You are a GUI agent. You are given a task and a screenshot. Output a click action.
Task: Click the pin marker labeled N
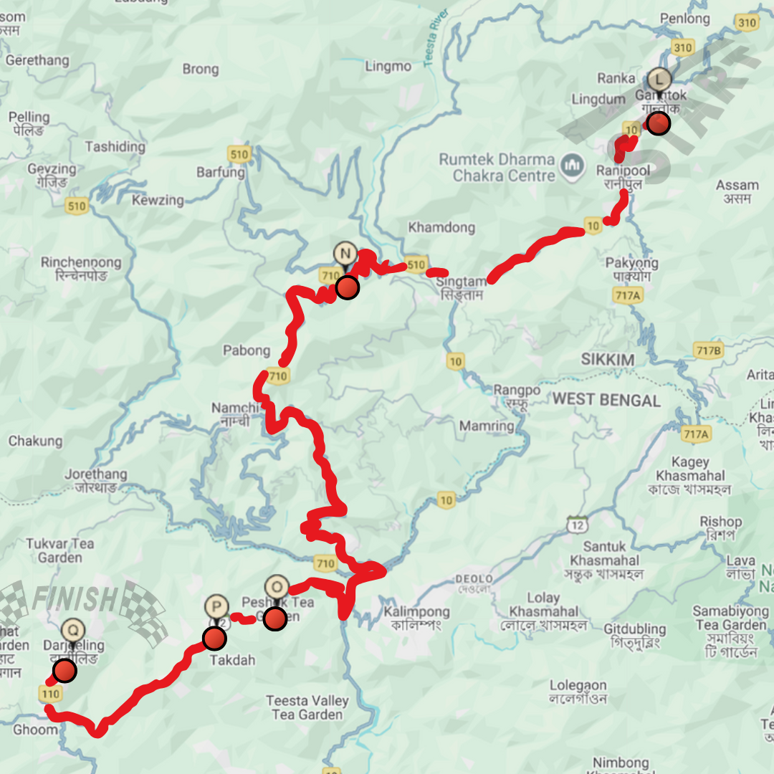[x=345, y=254]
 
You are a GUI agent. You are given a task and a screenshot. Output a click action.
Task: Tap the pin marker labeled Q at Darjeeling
[x=72, y=631]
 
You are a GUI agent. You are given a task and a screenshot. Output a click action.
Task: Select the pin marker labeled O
[x=277, y=587]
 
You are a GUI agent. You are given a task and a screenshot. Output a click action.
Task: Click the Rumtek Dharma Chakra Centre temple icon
[x=571, y=167]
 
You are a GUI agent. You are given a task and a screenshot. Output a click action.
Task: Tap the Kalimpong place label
[x=416, y=612]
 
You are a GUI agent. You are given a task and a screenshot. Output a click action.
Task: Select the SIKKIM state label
[x=608, y=360]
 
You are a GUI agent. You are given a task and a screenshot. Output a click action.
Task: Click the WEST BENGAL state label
[x=606, y=400]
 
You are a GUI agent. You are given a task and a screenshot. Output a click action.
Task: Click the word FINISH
[x=74, y=598]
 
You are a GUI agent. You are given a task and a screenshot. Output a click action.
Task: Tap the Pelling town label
[x=29, y=117]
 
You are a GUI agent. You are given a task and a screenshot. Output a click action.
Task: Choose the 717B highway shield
[x=707, y=350]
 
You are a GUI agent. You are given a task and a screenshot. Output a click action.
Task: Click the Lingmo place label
[x=388, y=67]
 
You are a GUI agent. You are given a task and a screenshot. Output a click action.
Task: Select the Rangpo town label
[x=517, y=391]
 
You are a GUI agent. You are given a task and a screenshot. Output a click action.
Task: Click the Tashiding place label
[x=115, y=147]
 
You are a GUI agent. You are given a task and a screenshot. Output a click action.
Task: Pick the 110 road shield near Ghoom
[x=50, y=694]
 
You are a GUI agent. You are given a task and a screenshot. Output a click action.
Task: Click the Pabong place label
[x=247, y=351]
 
